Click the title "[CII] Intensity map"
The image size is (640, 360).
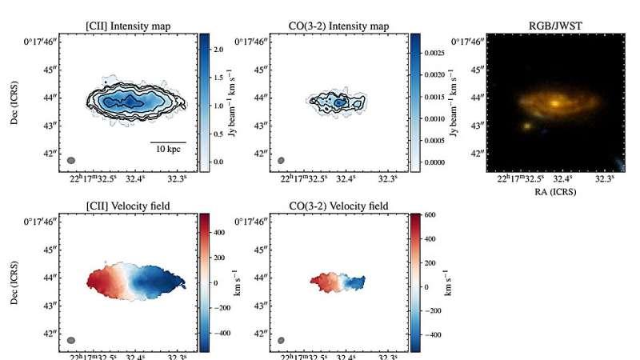coord(128,26)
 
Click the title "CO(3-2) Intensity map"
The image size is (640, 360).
coord(340,26)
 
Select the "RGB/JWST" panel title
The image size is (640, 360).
coord(557,26)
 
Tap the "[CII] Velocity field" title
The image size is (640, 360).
coord(128,206)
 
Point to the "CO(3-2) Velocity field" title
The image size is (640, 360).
coord(340,206)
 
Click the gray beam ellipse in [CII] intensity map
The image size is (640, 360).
coord(71,161)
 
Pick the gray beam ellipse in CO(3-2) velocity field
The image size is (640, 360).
coord(282,341)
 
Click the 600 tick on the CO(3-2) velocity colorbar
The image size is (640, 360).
coord(427,215)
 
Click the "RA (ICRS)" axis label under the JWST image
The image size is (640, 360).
coord(557,192)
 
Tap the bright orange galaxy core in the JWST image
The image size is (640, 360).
coord(554,103)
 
